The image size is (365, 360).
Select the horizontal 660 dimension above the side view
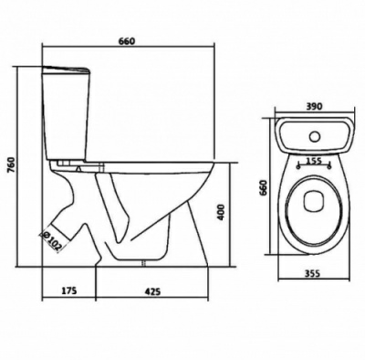point(126,41)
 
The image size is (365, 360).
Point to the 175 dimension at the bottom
point(69,291)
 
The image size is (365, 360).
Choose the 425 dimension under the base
point(152,291)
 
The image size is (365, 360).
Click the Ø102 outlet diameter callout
point(52,241)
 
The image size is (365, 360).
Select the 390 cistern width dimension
point(314,106)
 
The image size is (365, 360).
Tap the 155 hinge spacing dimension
point(314,161)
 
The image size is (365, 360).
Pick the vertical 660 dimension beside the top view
point(263,187)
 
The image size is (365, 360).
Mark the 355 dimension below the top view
point(313,273)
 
